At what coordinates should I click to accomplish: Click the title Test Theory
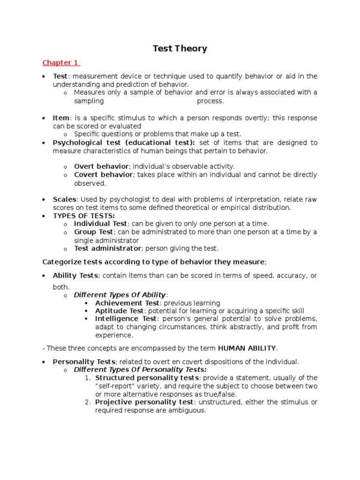coord(180,49)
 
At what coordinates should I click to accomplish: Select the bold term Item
coord(61,118)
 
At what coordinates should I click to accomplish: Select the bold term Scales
coord(64,199)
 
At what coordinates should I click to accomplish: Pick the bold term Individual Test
coord(100,224)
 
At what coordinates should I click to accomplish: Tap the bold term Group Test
coord(93,232)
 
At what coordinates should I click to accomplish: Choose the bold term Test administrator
coord(107,248)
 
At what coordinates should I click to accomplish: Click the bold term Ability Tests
coord(75,276)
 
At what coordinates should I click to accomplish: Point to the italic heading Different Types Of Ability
coord(120,295)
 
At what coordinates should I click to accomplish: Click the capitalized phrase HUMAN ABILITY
coord(247,348)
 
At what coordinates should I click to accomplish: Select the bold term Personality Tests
coord(84,362)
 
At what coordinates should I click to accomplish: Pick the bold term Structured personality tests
coord(147,378)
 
